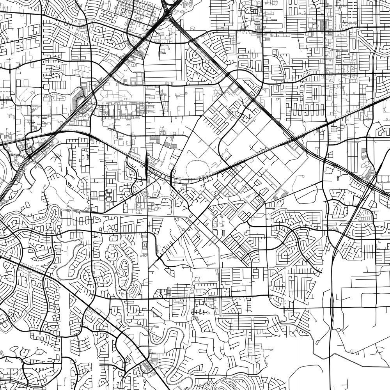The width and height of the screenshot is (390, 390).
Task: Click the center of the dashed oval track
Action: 201,169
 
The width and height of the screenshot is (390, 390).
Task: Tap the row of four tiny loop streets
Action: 199,312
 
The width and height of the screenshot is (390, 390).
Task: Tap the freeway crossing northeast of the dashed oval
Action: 291,135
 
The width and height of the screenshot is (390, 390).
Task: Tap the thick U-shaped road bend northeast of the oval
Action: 250,82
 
